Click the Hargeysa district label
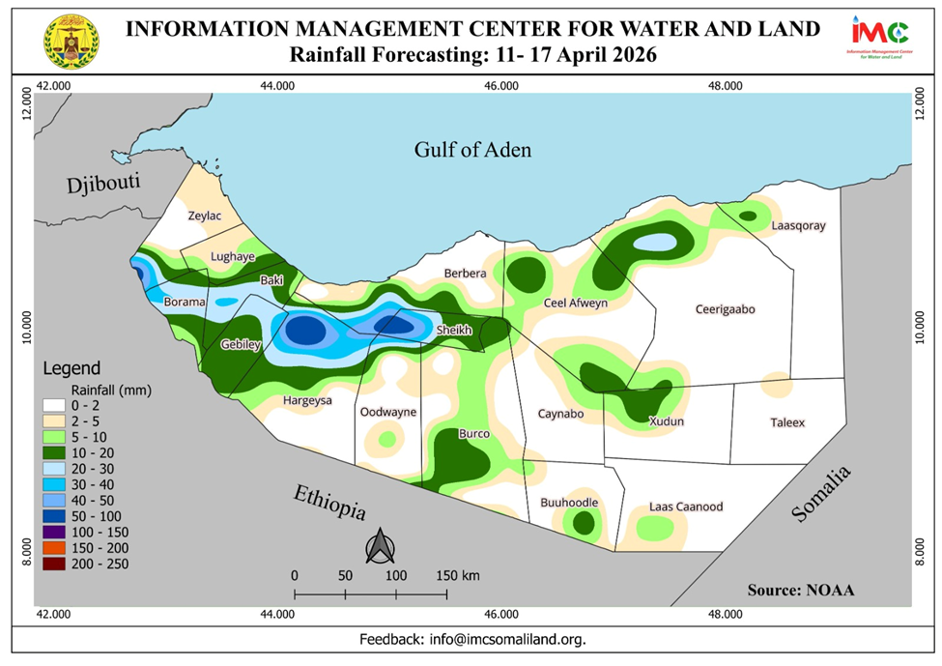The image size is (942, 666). [307, 400]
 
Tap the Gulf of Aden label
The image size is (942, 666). [473, 150]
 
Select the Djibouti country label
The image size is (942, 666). [103, 184]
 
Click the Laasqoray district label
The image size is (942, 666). [799, 226]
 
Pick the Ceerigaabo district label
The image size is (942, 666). [725, 310]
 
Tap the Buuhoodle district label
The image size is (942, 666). [569, 503]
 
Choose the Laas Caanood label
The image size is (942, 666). [686, 507]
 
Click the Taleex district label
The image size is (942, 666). [787, 422]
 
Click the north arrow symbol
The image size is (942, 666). [379, 546]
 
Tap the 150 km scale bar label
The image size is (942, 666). [458, 575]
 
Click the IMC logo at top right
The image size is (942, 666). [877, 37]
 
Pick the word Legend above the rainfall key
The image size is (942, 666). [71, 368]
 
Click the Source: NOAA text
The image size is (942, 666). [801, 590]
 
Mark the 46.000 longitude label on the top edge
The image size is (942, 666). [501, 85]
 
